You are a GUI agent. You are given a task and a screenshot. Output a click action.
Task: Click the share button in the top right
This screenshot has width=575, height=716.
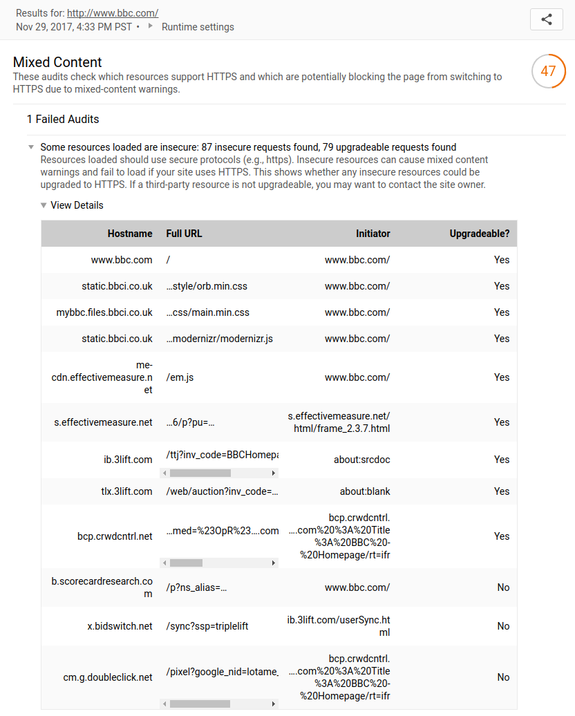[546, 19]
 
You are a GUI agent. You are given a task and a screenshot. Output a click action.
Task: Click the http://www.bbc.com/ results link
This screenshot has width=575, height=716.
[113, 12]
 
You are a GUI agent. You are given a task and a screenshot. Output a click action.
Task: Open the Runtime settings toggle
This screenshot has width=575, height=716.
[197, 27]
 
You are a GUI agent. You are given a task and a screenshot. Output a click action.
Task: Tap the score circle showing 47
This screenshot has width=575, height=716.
[548, 71]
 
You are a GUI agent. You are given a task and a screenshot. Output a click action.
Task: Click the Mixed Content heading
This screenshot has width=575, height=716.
[57, 62]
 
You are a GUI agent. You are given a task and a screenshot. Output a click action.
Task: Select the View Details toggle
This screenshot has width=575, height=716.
[76, 205]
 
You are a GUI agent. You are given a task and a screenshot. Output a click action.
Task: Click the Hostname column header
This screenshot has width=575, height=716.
[130, 234]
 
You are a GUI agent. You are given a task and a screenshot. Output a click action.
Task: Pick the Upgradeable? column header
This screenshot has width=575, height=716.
[479, 234]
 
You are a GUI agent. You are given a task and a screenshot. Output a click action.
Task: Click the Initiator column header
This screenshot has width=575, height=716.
[373, 234]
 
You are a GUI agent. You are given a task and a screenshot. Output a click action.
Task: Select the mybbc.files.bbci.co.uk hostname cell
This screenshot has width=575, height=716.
[104, 312]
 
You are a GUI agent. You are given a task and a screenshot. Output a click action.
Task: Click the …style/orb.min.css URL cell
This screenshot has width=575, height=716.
[207, 286]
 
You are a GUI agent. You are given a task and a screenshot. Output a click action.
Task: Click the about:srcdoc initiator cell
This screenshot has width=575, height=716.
[364, 460]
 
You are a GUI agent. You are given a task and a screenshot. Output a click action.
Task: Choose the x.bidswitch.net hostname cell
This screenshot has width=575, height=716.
[120, 626]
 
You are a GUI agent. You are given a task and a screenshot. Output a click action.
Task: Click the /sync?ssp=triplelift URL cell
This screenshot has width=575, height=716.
[207, 626]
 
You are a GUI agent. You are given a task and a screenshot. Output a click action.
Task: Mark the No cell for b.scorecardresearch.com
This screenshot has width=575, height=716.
[503, 587]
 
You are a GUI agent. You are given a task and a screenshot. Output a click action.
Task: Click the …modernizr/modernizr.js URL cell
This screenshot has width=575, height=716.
[220, 339]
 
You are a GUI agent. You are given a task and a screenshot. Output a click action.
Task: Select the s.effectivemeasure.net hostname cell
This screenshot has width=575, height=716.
[103, 422]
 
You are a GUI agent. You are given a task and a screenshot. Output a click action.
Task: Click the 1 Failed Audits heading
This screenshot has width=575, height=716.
[63, 119]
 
